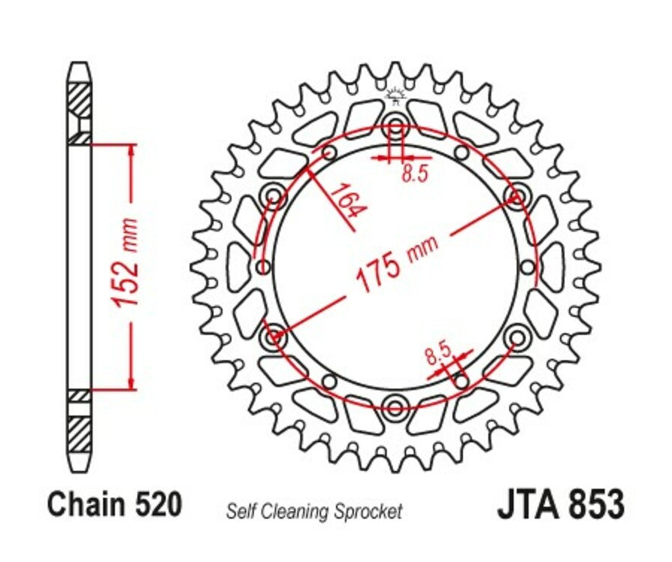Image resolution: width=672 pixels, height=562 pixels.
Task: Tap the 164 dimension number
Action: [x=345, y=201]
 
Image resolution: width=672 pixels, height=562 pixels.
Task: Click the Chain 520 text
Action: [x=114, y=504]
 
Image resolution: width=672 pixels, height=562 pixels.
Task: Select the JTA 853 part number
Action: [x=560, y=504]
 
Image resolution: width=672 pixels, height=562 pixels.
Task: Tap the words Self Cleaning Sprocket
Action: [x=314, y=512]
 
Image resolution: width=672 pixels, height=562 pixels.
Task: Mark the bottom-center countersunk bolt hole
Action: [x=394, y=407]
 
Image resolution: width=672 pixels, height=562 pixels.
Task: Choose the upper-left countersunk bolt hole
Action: [x=275, y=198]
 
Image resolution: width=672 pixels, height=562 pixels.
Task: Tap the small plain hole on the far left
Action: [x=261, y=268]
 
